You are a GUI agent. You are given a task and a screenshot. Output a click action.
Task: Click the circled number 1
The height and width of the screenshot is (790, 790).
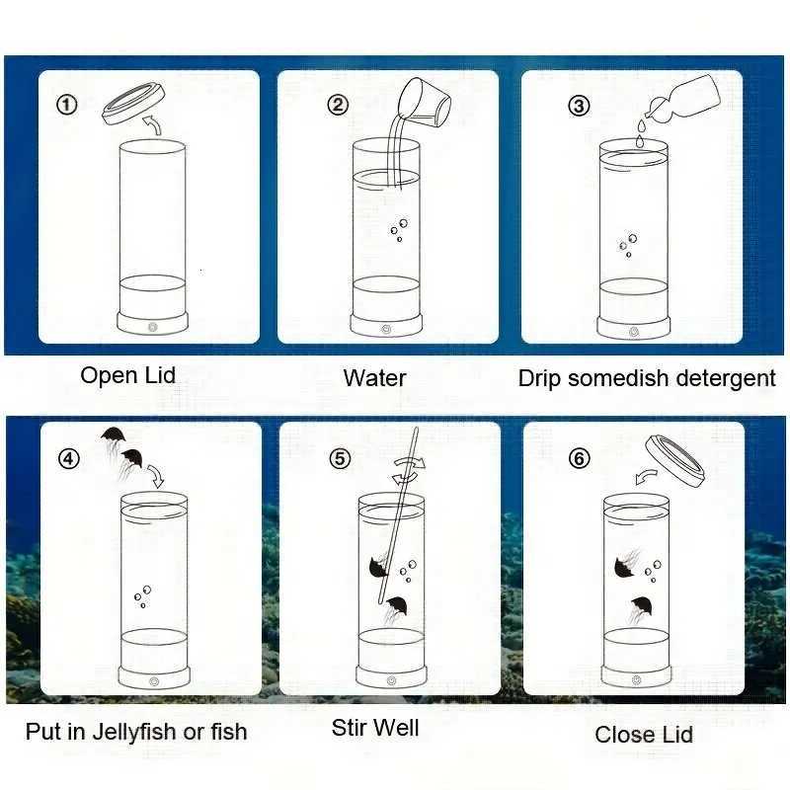(67, 104)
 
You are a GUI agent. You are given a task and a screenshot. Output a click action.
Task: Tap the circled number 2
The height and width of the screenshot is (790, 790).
(339, 105)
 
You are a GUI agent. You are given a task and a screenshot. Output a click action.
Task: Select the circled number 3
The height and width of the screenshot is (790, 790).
(580, 106)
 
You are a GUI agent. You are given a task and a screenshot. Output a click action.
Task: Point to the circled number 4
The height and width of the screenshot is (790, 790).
(67, 458)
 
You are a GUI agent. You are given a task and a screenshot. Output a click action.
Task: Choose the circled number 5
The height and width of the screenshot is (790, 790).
(340, 458)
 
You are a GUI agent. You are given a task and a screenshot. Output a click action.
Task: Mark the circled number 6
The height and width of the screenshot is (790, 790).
(582, 458)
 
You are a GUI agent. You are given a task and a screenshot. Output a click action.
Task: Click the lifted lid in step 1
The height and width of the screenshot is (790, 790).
(131, 102)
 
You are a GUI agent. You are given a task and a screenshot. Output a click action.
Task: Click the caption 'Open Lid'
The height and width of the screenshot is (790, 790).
(127, 375)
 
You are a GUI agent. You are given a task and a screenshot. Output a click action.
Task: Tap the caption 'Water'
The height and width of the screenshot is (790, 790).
(374, 377)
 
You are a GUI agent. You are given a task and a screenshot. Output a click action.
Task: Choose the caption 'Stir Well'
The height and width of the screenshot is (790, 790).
(375, 729)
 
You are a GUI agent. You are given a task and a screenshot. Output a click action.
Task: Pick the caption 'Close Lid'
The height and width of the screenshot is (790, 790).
(644, 734)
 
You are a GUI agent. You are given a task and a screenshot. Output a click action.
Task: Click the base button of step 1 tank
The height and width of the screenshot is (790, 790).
(153, 326)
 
